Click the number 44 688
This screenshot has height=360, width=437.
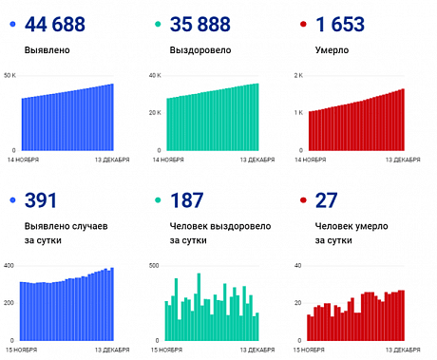point(57,24)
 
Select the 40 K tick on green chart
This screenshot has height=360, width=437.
point(155,74)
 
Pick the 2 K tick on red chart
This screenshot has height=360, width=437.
point(297,74)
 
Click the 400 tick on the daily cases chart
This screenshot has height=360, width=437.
point(9,264)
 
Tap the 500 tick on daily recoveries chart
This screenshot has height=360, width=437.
point(155,264)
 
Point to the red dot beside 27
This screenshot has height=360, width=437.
point(302,199)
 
